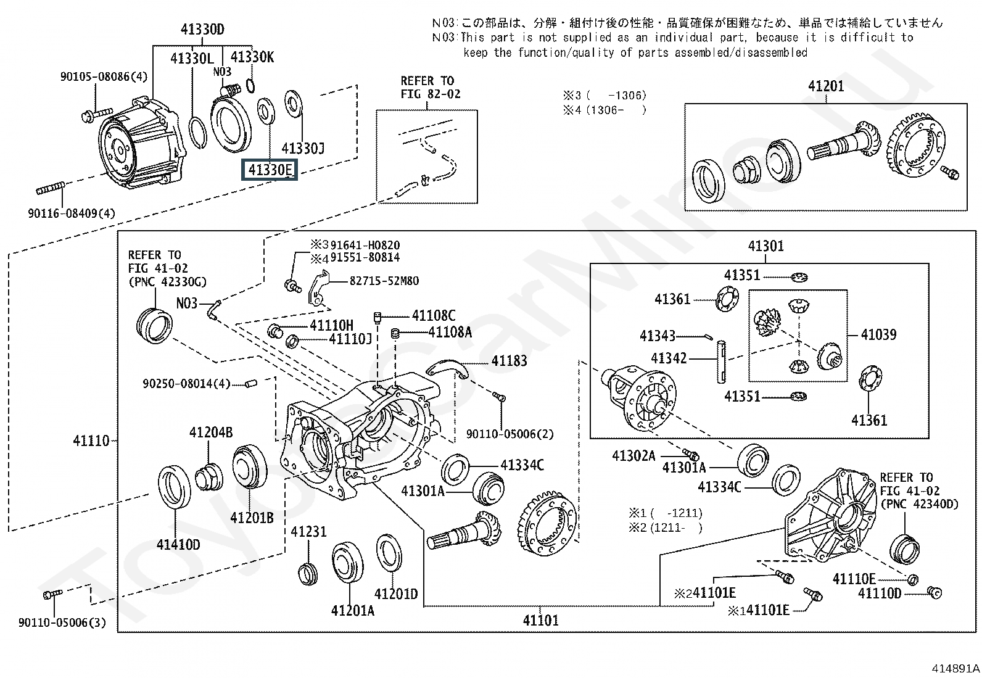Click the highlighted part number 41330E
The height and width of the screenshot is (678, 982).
tap(270, 169)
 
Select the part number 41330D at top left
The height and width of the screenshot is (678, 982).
tap(202, 30)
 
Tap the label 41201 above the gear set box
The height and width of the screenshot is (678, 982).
tap(826, 86)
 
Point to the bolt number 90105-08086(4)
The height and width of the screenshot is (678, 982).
tap(104, 77)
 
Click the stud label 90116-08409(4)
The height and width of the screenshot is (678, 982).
tap(72, 213)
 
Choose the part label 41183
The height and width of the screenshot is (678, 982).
tap(509, 361)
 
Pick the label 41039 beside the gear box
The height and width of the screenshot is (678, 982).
tap(878, 335)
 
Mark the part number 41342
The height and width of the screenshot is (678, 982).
tap(669, 358)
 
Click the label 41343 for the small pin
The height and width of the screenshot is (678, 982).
tap(657, 336)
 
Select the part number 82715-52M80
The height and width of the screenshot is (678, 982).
tap(384, 281)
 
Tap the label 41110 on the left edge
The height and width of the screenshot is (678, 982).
tap(91, 441)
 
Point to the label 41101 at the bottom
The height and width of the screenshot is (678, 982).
tap(540, 620)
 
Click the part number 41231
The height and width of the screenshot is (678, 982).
tap(308, 532)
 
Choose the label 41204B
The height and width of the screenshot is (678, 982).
tap(211, 432)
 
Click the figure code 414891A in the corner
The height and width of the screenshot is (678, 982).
tap(955, 668)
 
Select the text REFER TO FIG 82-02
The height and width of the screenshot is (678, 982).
tap(430, 88)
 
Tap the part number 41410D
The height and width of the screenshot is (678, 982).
tap(178, 544)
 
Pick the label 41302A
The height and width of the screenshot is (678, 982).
tap(633, 456)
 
